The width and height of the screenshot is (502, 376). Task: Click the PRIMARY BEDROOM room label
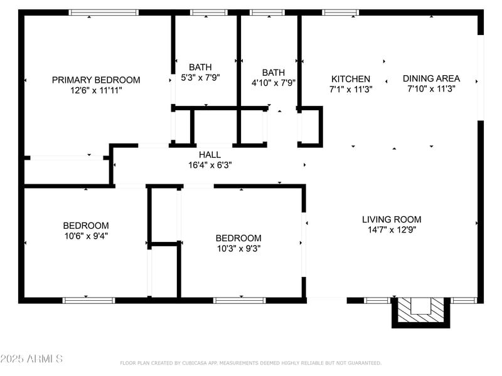[x=96, y=80]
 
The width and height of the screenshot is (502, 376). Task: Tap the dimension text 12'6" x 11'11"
[x=96, y=90]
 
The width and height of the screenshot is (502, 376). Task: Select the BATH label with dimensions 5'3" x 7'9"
[x=200, y=67]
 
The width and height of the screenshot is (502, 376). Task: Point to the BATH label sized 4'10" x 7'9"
[x=273, y=72]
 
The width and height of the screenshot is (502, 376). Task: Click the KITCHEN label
[x=351, y=79]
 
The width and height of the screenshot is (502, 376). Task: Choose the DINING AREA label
[x=431, y=78]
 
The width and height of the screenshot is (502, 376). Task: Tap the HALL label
[x=210, y=155]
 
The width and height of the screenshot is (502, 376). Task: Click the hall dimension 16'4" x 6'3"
[x=210, y=165]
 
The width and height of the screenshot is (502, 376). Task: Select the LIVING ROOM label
[x=392, y=219]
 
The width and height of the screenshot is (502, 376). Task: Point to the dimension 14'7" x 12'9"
[x=392, y=229]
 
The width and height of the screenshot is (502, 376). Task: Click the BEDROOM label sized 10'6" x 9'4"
[x=85, y=226]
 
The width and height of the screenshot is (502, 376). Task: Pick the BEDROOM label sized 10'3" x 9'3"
[x=238, y=238]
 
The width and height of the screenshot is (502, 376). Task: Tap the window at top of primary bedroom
[x=104, y=12]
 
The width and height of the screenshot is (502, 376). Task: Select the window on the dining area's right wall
[x=481, y=77]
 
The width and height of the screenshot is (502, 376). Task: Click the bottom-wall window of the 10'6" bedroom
[x=88, y=300]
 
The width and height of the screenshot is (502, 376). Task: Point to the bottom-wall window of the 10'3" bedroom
[x=240, y=300]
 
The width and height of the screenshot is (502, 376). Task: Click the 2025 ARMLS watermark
[x=31, y=359]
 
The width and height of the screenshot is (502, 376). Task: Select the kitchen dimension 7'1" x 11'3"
[x=351, y=89]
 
